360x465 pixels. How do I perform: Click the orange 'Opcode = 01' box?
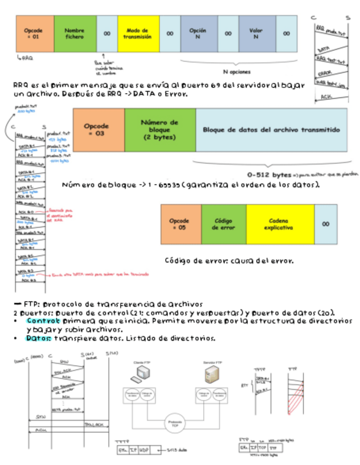click(35, 34)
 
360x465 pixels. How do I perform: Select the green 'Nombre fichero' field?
click(75, 34)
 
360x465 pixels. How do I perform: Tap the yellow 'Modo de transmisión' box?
click(138, 34)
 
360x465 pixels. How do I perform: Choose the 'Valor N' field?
click(257, 34)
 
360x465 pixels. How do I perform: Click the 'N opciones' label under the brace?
click(237, 71)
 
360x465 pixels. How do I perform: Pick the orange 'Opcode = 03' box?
click(98, 129)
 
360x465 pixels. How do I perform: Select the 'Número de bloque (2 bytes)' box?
click(160, 129)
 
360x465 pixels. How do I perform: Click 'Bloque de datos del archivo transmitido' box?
click(271, 130)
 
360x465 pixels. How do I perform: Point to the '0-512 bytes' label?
click(269, 174)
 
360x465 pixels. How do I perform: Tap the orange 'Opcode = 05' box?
click(181, 224)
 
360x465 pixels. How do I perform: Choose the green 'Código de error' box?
click(223, 224)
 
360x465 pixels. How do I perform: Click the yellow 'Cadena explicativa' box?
click(280, 224)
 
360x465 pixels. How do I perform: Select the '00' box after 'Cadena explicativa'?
click(326, 224)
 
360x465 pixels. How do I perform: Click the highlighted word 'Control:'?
click(39, 321)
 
